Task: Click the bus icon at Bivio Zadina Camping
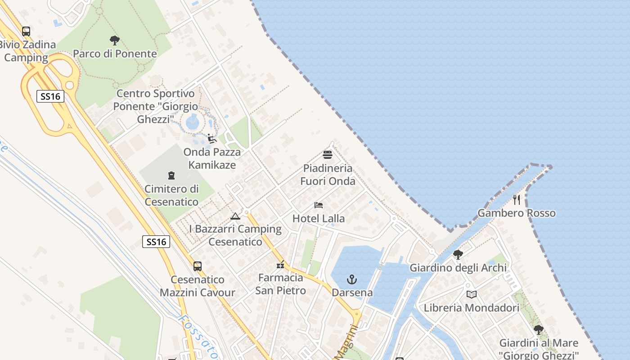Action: point(26,31)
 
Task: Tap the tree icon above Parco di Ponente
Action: point(115,40)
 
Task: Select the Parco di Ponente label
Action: point(115,54)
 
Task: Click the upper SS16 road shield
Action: point(50,96)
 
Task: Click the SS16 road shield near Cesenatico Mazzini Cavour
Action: point(156,242)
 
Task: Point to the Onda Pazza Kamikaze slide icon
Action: point(212,139)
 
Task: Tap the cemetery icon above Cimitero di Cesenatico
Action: point(171,175)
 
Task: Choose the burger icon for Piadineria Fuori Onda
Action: point(328,155)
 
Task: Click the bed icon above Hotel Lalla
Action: point(319,205)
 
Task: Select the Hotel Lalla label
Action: point(319,219)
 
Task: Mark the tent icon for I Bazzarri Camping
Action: point(235,216)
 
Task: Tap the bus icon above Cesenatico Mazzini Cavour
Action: point(198,266)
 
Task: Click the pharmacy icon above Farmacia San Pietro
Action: point(280,265)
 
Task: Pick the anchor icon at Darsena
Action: point(352,280)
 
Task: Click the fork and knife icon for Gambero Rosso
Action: point(517,200)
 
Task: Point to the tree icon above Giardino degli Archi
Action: point(458,255)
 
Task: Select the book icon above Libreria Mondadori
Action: point(471,295)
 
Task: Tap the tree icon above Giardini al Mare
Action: point(538,330)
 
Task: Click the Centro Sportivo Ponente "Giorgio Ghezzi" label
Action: point(155,107)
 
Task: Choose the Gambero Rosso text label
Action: point(517,213)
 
